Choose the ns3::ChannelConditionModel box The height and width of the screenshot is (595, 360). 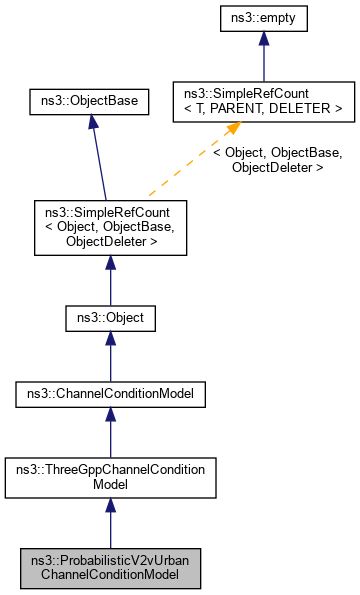[110, 395]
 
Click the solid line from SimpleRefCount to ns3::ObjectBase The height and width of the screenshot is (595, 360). [98, 160]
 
